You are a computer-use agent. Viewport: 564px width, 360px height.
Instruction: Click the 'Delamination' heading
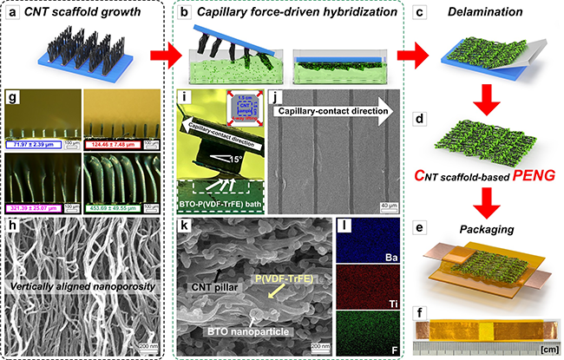(x=491, y=11)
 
